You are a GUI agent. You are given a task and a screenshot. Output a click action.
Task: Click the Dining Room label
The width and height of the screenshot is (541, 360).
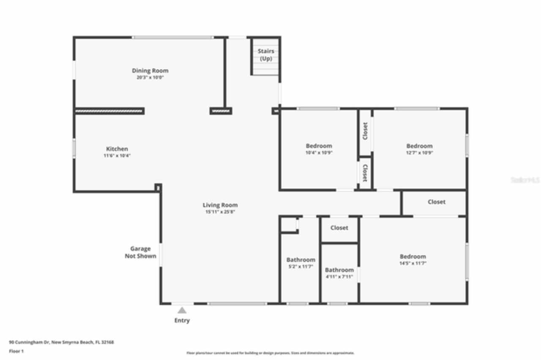click(x=150, y=71)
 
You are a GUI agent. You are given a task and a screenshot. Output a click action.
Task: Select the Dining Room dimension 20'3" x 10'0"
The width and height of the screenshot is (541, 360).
click(x=150, y=78)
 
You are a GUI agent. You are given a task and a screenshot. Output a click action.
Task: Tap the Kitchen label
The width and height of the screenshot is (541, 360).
click(x=117, y=149)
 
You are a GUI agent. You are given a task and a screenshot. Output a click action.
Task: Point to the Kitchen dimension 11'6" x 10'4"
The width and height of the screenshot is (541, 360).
click(x=117, y=155)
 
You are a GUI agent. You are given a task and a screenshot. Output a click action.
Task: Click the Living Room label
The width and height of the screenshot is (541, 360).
click(x=220, y=205)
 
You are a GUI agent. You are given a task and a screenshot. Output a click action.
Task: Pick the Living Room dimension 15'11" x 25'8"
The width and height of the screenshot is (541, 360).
click(x=220, y=212)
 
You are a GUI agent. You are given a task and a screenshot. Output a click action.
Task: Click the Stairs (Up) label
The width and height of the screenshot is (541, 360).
click(x=266, y=55)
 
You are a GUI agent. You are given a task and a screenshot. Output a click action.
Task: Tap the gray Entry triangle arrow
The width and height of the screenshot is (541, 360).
click(x=182, y=311)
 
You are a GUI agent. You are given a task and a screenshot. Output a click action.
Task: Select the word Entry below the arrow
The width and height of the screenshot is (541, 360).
click(x=182, y=320)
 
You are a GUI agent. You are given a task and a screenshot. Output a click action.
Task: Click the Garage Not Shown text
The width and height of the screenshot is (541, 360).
click(x=140, y=252)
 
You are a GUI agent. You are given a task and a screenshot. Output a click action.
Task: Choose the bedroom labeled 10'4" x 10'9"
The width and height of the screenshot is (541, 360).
click(x=319, y=149)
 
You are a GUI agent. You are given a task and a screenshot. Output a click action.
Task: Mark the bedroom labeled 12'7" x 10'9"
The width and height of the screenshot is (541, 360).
click(x=419, y=149)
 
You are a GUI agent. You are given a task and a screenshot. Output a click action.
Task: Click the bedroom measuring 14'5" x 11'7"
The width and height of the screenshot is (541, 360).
click(x=413, y=259)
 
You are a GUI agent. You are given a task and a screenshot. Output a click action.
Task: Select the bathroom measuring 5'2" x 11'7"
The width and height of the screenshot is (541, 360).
click(x=301, y=263)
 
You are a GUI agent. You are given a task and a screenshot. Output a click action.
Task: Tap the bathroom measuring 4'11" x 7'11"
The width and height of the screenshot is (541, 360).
click(x=339, y=273)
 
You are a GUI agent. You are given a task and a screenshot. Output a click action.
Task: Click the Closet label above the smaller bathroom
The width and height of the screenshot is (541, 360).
click(x=339, y=228)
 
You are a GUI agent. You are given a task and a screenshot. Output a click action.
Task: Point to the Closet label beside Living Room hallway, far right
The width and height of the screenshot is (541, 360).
click(x=436, y=202)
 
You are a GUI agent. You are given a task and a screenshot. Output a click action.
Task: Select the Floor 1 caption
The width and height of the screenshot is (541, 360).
click(x=16, y=351)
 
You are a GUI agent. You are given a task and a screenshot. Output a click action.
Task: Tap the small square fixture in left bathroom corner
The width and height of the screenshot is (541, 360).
click(x=289, y=225)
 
